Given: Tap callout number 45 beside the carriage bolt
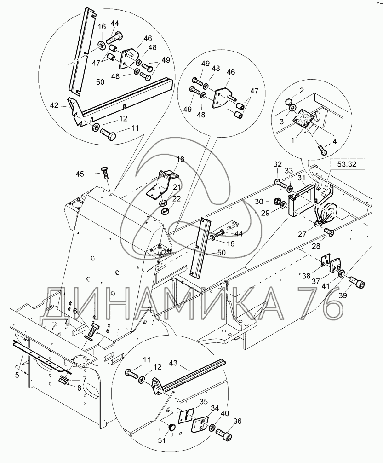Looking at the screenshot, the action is (x=80, y=174).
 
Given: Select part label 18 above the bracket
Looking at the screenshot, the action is (x=180, y=159).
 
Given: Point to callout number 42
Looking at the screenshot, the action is (x=54, y=105).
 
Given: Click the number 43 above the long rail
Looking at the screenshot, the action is (x=173, y=363).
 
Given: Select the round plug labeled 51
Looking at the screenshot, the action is (x=171, y=427).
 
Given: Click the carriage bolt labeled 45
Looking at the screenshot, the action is (x=105, y=173).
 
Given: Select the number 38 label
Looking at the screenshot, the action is (x=307, y=276).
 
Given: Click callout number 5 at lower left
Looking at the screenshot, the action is (x=17, y=375).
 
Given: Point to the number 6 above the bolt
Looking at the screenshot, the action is (x=75, y=311).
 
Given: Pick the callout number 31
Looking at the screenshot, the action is (x=301, y=178).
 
